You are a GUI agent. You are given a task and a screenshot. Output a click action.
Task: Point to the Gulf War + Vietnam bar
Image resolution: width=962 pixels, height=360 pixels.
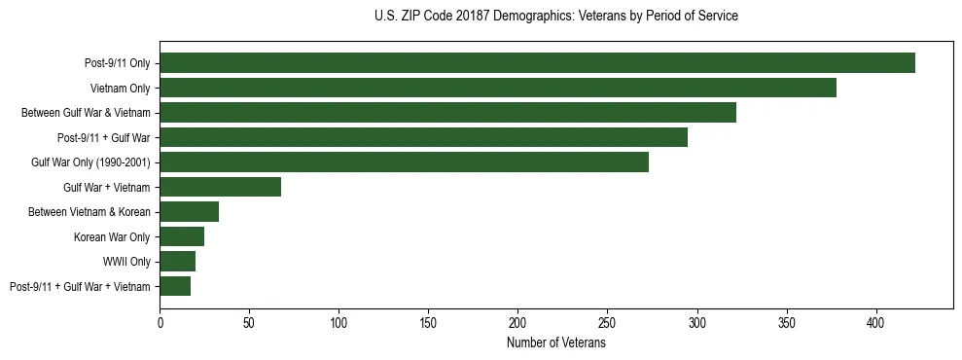coord(220,187)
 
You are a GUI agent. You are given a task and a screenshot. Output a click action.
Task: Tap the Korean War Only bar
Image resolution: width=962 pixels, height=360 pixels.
coord(182,236)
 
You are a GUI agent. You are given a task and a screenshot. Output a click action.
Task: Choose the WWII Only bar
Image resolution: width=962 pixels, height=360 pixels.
coord(177,262)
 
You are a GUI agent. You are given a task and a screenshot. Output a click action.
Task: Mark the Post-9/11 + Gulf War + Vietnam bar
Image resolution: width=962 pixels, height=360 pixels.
coord(175,286)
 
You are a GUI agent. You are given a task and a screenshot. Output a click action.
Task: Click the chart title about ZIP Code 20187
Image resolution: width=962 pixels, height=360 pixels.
coord(555,17)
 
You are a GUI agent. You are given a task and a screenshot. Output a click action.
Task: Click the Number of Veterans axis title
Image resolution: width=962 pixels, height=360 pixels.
coord(555,343)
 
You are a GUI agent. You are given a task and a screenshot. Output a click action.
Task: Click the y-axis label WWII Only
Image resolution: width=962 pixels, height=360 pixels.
coord(126,262)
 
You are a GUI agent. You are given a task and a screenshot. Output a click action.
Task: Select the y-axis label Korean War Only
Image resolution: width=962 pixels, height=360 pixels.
coord(112,236)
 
